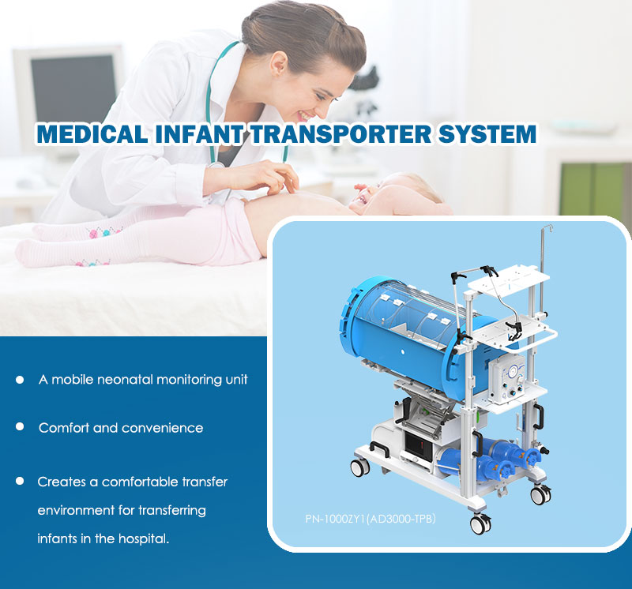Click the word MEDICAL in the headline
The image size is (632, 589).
(92, 133)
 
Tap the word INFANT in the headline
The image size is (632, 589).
(199, 133)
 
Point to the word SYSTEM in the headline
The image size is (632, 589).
(487, 133)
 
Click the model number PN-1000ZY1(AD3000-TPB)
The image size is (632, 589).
(371, 519)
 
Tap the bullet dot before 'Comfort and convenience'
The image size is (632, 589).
(19, 426)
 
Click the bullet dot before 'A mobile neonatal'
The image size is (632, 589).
(19, 380)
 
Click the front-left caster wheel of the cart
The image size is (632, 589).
(360, 467)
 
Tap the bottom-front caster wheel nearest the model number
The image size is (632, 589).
(481, 523)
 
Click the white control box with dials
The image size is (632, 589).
(506, 379)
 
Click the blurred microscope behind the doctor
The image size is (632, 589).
(365, 93)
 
